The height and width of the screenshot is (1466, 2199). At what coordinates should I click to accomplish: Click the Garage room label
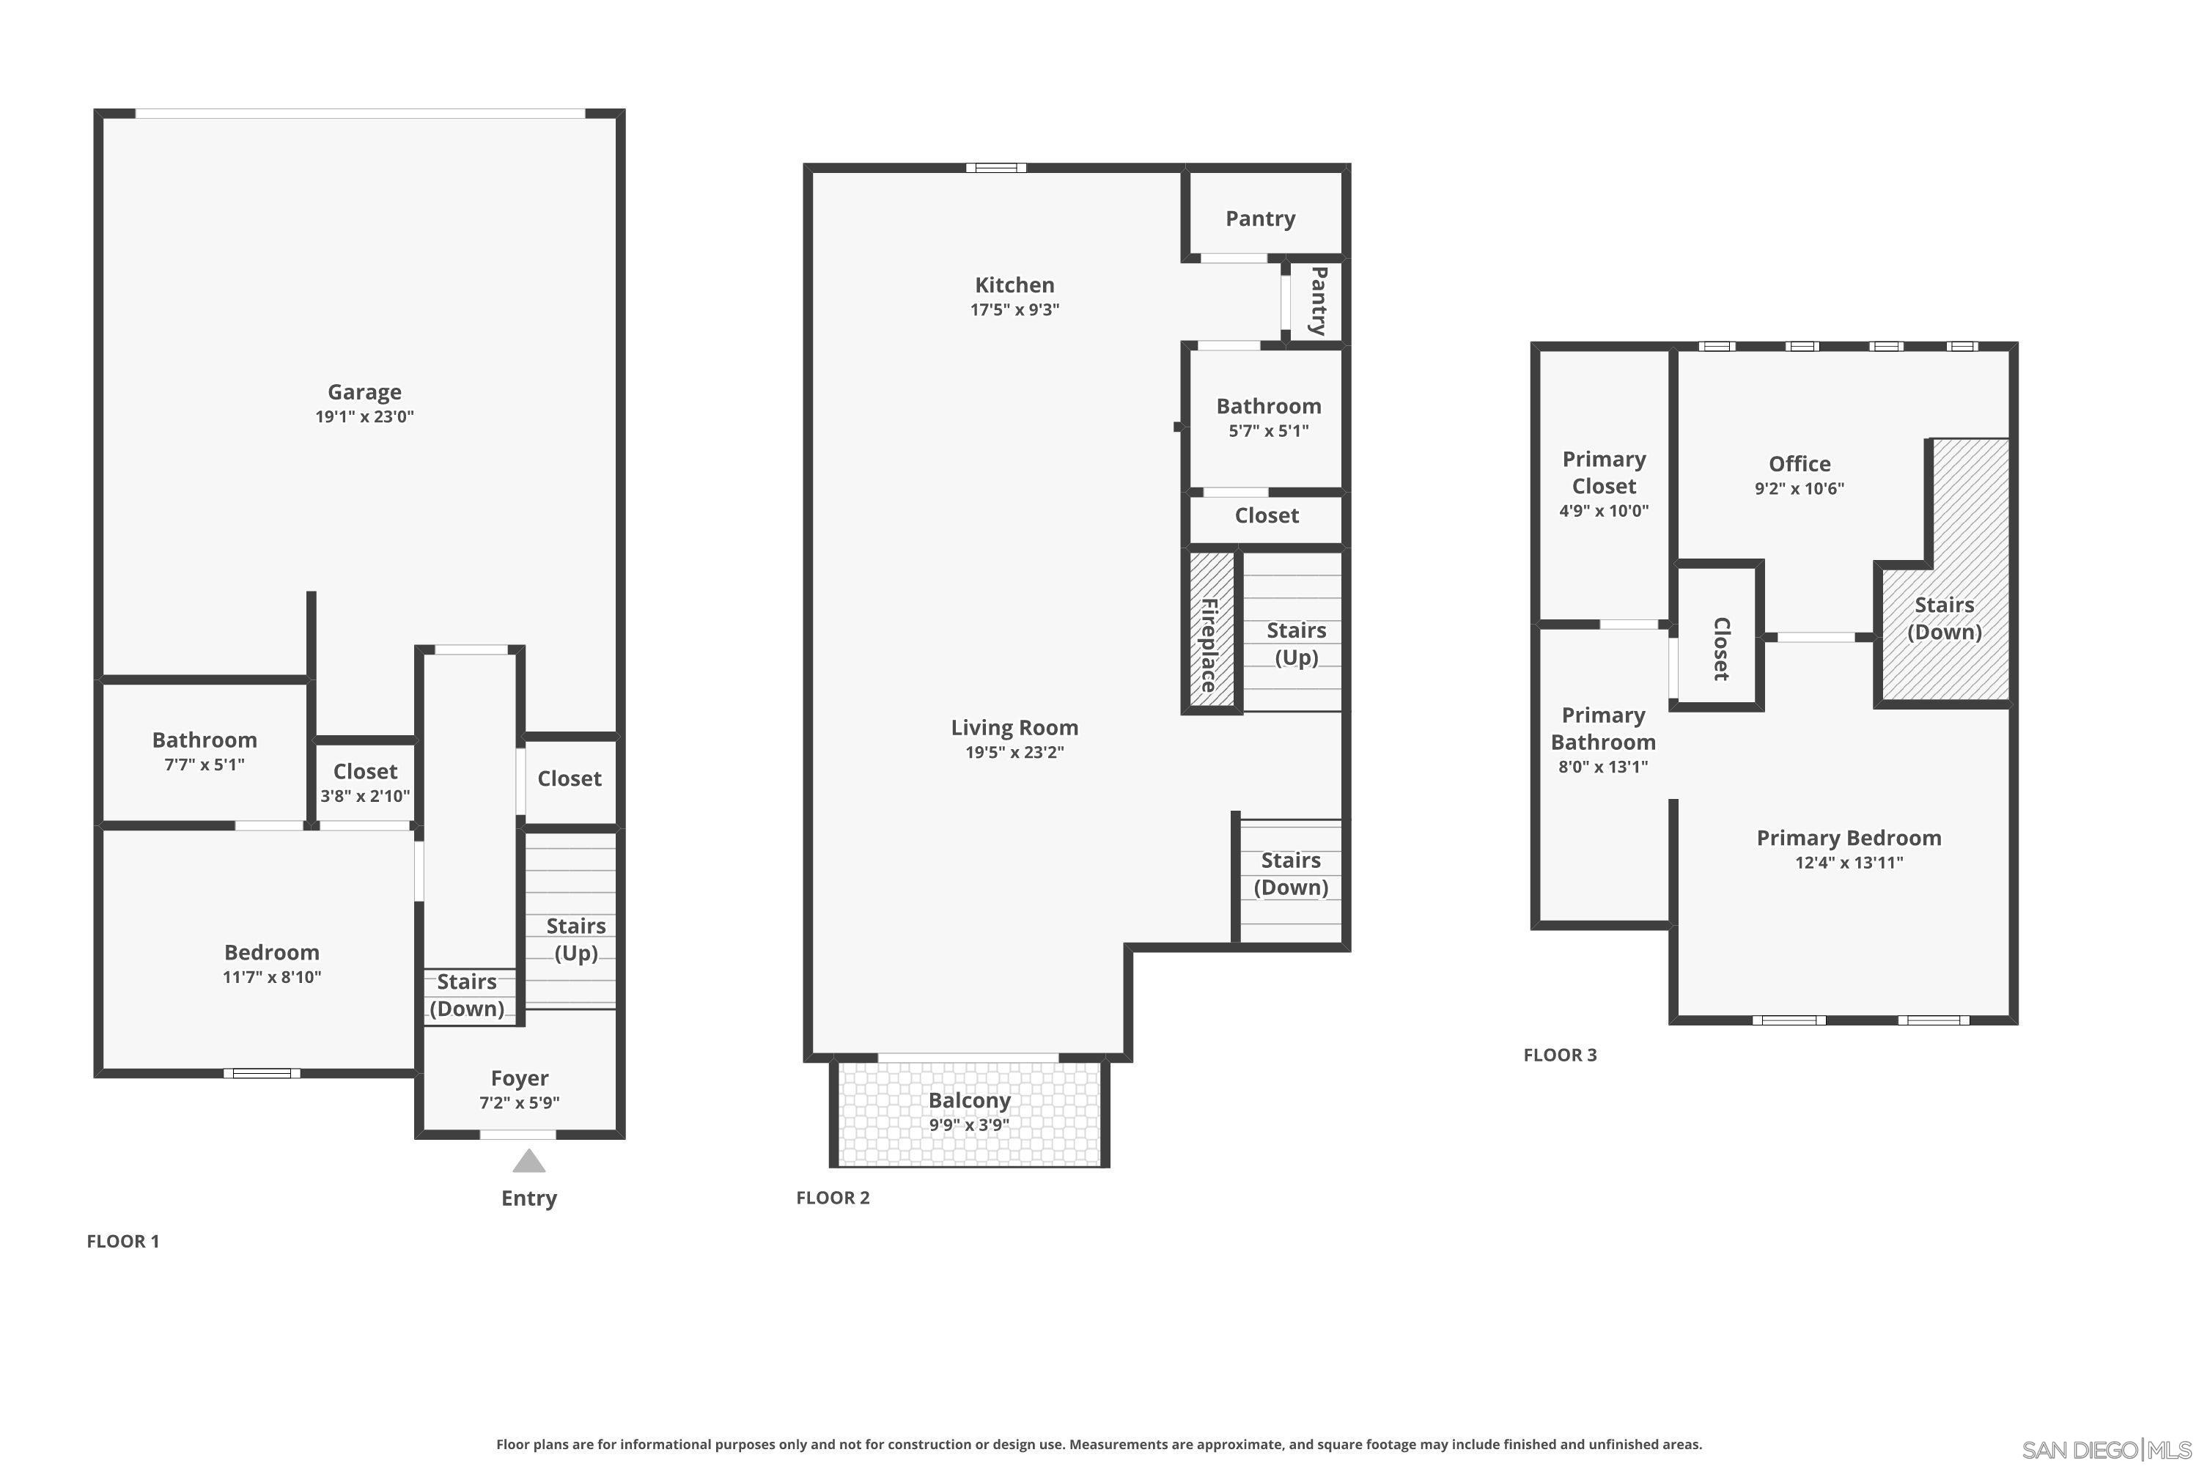pyautogui.click(x=364, y=391)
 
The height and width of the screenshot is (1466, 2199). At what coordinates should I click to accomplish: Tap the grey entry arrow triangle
pyautogui.click(x=528, y=1162)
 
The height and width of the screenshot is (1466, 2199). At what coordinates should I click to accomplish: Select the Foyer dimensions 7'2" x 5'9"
pyautogui.click(x=519, y=1103)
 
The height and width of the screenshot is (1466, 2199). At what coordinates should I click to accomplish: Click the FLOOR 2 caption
pyautogui.click(x=832, y=1198)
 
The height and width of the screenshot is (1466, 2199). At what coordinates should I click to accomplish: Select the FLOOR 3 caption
pyautogui.click(x=1560, y=1056)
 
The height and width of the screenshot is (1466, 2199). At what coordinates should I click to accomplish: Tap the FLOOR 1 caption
pyautogui.click(x=122, y=1242)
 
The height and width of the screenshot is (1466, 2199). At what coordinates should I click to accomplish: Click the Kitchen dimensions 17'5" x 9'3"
pyautogui.click(x=1014, y=310)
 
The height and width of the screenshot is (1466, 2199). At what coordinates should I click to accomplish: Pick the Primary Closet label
pyautogui.click(x=1604, y=472)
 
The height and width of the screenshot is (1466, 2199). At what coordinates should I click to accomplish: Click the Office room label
pyautogui.click(x=1799, y=464)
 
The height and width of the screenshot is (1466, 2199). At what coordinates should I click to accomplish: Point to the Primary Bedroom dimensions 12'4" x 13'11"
pyautogui.click(x=1849, y=863)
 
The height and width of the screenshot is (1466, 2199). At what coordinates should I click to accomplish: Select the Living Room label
pyautogui.click(x=1014, y=727)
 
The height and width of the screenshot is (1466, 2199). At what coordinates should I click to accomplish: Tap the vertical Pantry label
pyautogui.click(x=1318, y=301)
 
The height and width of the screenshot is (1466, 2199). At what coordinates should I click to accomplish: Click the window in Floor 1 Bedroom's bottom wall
pyautogui.click(x=262, y=1073)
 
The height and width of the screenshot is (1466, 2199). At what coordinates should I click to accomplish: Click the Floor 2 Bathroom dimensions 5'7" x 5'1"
pyautogui.click(x=1268, y=431)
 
